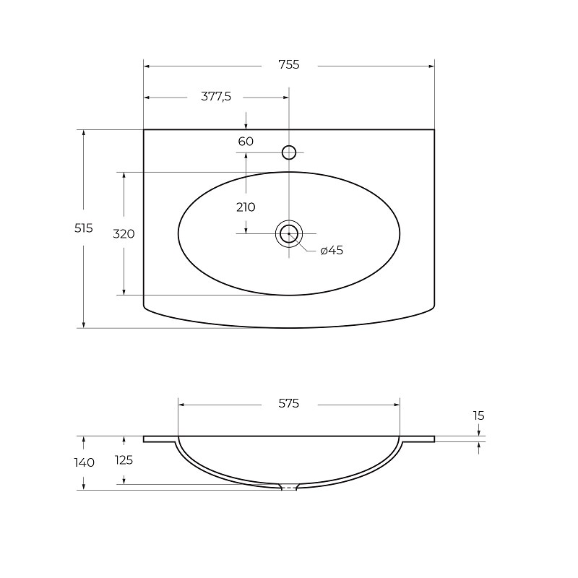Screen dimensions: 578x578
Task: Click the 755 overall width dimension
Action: [x=289, y=65]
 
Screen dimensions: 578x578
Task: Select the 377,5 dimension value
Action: [x=216, y=97]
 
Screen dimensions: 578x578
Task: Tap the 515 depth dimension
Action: [x=84, y=228]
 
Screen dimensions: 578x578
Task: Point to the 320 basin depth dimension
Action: [x=124, y=234]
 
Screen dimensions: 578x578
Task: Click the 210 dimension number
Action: [x=246, y=207]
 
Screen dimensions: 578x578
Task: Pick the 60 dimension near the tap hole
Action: [x=246, y=142]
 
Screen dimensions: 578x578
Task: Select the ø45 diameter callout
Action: [x=332, y=250]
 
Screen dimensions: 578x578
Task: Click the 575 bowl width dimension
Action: [x=288, y=404]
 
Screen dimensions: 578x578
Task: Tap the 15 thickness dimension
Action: [x=478, y=416]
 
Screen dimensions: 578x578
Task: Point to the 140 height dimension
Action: [x=85, y=462]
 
